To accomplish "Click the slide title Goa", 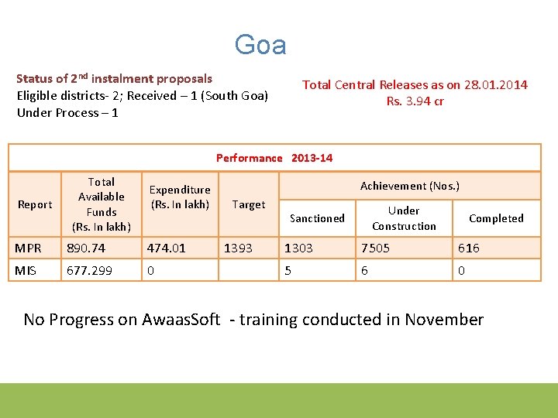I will click(x=260, y=45).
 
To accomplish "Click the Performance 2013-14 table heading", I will click(x=274, y=158).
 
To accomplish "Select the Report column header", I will click(x=35, y=204).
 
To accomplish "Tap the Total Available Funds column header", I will click(x=102, y=204).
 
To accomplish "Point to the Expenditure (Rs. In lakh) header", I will click(x=180, y=197).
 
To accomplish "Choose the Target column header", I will click(x=249, y=204).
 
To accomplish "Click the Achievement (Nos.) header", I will click(x=409, y=186).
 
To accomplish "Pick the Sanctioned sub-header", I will click(x=317, y=218).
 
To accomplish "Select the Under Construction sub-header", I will click(x=404, y=218).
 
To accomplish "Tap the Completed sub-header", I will click(x=496, y=218).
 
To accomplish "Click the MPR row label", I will click(x=29, y=248).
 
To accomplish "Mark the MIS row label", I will click(x=26, y=269).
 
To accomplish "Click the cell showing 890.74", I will click(x=87, y=248).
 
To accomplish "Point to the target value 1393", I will click(x=238, y=248).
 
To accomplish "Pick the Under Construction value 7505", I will click(x=376, y=248).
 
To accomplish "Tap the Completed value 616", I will click(x=469, y=248).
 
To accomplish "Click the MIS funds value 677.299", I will click(x=90, y=269).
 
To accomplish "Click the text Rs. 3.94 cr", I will click(x=415, y=101).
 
